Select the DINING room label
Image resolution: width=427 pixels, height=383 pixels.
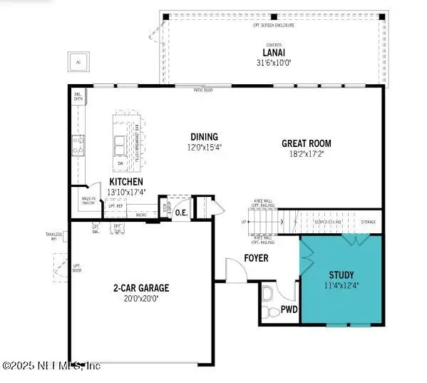tap(204, 137)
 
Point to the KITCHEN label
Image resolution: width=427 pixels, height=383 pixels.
tap(125, 183)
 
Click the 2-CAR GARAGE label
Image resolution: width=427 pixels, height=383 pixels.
tap(140, 288)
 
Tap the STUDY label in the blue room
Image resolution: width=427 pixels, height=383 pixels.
tap(341, 275)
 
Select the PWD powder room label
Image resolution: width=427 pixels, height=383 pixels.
tap(289, 310)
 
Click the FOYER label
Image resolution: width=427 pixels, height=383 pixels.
tap(256, 257)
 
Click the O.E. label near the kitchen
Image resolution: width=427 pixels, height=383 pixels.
tap(181, 211)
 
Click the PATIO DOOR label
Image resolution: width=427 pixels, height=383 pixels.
tap(204, 91)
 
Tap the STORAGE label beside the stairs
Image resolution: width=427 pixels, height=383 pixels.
tap(368, 222)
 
